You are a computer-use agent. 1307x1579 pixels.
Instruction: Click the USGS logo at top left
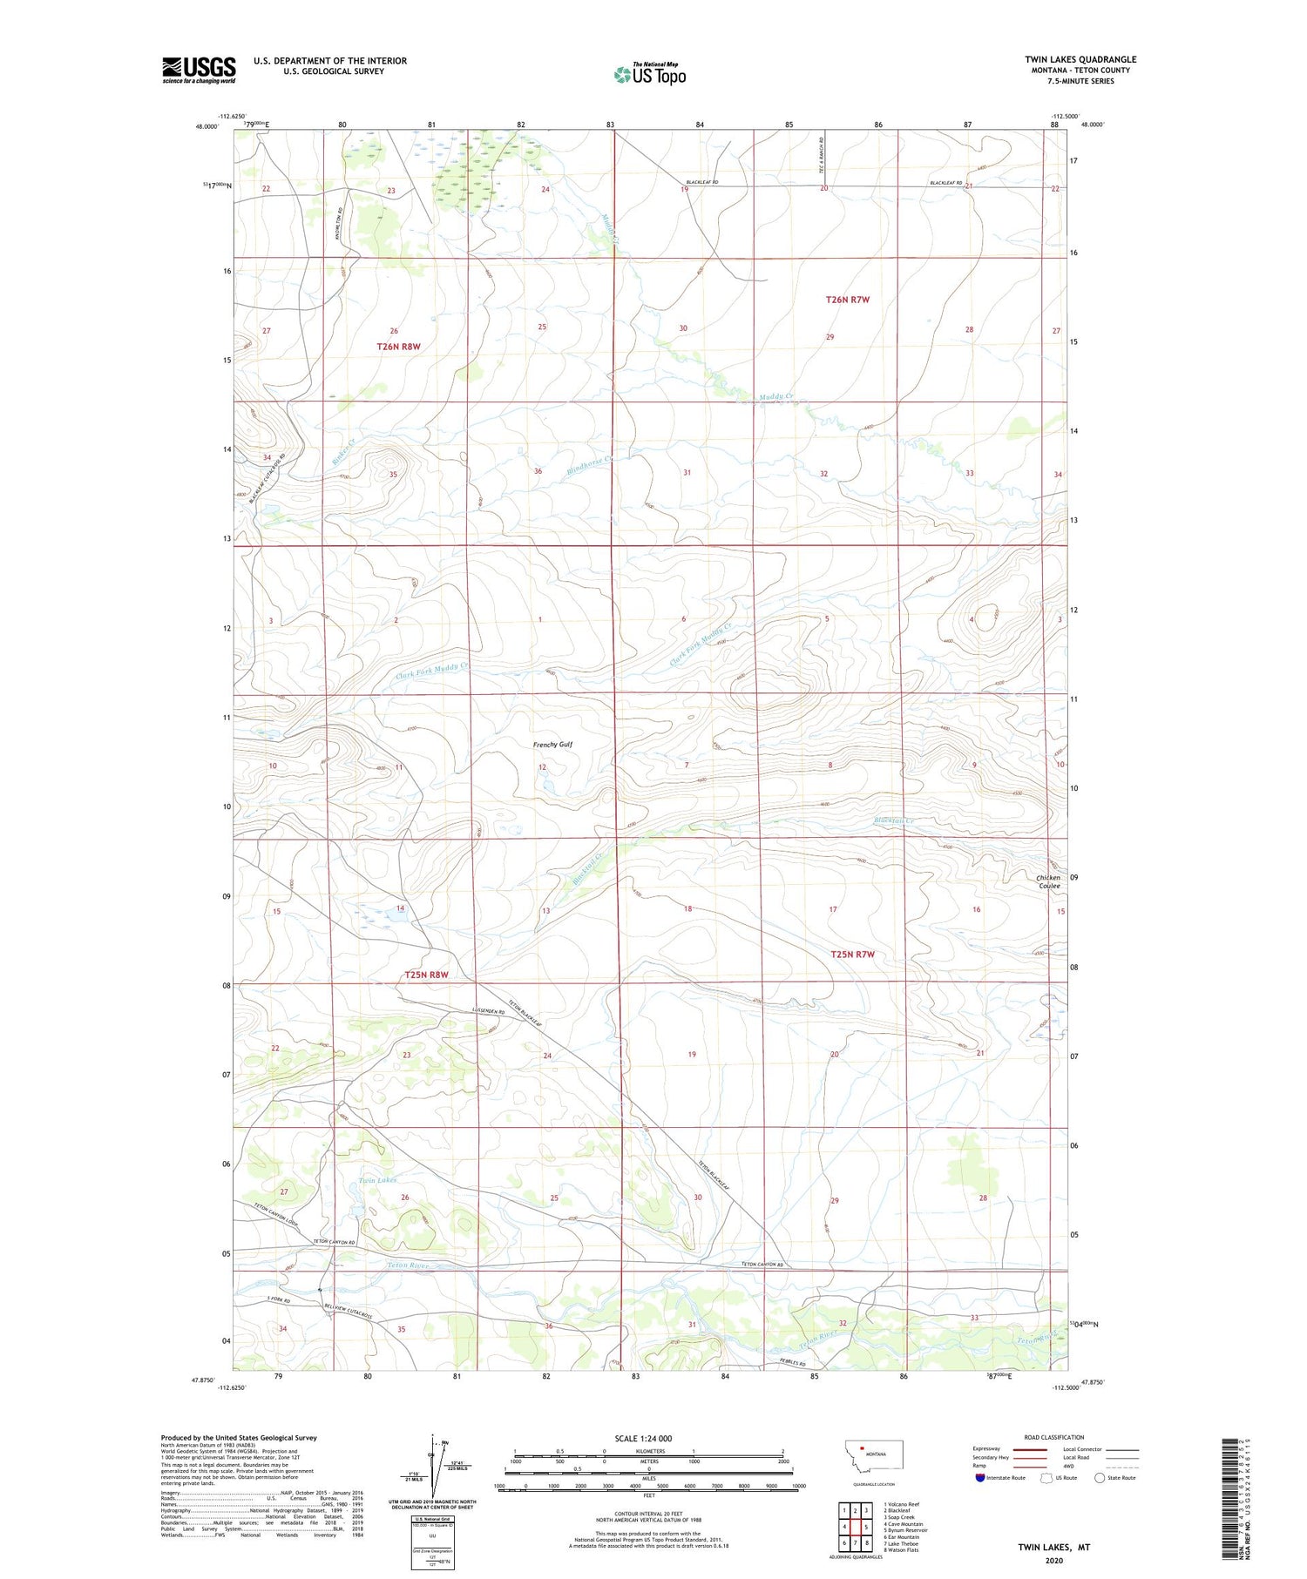tap(199, 70)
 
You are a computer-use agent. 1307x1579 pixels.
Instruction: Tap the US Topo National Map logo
tap(649, 75)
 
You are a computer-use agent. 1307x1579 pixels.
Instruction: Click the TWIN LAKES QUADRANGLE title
tap(1080, 59)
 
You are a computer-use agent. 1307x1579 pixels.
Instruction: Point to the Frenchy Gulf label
tap(552, 745)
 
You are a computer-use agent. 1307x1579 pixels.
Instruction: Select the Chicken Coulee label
tap(1048, 881)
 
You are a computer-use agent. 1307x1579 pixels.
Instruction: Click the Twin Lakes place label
tap(377, 1180)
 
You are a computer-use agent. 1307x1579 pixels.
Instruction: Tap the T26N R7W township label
tap(847, 300)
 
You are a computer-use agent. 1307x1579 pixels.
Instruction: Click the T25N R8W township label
tap(426, 975)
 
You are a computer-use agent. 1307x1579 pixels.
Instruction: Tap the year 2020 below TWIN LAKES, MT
tap(1053, 1561)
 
